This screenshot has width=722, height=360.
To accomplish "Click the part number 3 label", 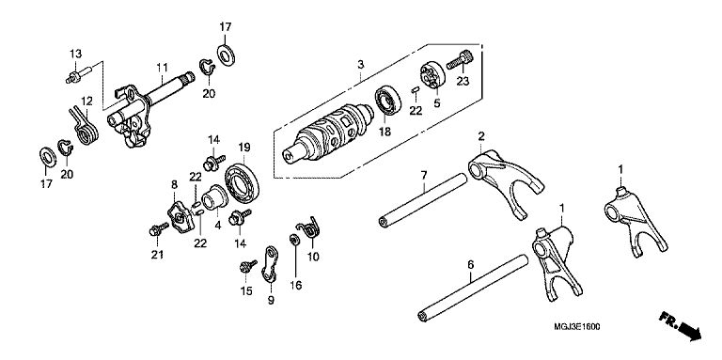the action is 361,65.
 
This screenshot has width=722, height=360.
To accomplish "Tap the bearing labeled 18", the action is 387,100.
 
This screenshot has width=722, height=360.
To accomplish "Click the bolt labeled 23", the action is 460,60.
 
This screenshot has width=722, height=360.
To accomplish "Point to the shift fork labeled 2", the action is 504,181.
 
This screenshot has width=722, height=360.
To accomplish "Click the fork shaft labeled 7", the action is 423,200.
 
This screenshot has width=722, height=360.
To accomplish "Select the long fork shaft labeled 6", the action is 473,289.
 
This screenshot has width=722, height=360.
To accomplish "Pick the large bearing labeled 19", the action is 242,182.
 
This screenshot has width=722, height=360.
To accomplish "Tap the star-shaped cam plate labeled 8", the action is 180,218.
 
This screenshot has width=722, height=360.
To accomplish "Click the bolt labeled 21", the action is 158,228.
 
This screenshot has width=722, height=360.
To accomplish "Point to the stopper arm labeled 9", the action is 271,264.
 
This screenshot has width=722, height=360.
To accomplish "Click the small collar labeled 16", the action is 293,240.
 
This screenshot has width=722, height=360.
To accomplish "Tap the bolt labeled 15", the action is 248,266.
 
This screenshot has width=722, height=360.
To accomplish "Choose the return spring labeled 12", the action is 85,126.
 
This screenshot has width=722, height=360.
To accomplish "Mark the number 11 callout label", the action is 162,68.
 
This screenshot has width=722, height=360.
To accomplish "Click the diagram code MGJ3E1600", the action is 577,327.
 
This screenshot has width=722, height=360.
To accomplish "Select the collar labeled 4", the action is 214,197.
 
